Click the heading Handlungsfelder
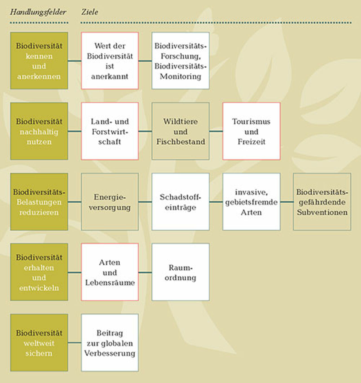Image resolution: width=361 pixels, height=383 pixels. pyautogui.click(x=38, y=12)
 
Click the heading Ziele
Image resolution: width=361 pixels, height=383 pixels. pyautogui.click(x=90, y=12)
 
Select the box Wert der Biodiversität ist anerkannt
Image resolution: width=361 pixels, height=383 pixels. pyautogui.click(x=110, y=61)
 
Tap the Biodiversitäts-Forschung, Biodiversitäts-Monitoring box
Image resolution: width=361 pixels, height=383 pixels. pyautogui.click(x=180, y=61)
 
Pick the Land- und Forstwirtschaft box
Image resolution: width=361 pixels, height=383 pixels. pyautogui.click(x=110, y=131)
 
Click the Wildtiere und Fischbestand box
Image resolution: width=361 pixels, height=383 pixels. pyautogui.click(x=180, y=131)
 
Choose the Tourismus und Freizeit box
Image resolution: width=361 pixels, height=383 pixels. pyautogui.click(x=252, y=131)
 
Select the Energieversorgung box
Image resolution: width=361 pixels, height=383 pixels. pyautogui.click(x=110, y=202)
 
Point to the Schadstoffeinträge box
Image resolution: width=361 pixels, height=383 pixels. pyautogui.click(x=180, y=202)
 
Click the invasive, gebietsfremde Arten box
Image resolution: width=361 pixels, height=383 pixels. pyautogui.click(x=252, y=202)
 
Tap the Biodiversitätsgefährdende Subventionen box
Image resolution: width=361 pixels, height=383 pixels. pyautogui.click(x=322, y=202)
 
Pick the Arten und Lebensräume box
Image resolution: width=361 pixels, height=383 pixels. pyautogui.click(x=110, y=272)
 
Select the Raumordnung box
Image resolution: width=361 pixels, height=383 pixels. pyautogui.click(x=180, y=272)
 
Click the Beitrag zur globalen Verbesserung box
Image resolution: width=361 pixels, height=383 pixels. pyautogui.click(x=110, y=343)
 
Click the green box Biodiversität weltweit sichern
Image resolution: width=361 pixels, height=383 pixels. pyautogui.click(x=39, y=343)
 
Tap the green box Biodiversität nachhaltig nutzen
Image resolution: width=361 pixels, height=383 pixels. pyautogui.click(x=39, y=131)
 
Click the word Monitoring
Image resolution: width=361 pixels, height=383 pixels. pyautogui.click(x=180, y=77)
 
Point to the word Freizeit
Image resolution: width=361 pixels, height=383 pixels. pyautogui.click(x=252, y=142)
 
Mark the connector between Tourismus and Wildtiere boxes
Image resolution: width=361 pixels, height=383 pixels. pyautogui.click(x=216, y=131)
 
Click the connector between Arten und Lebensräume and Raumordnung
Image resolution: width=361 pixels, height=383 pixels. pyautogui.click(x=145, y=273)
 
